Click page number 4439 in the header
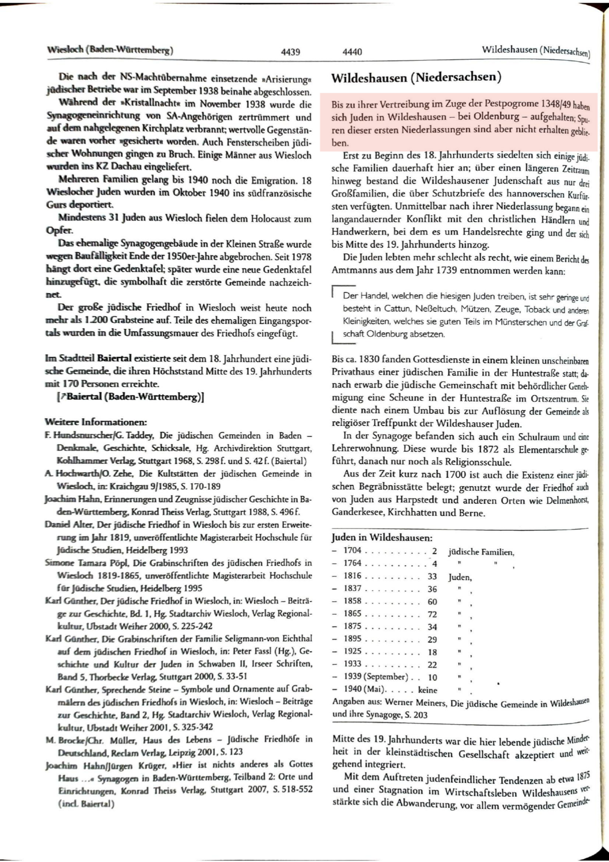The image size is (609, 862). point(291,52)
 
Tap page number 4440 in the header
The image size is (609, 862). point(352,52)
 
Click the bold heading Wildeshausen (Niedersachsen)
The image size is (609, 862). point(416,78)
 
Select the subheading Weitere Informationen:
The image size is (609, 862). point(96,422)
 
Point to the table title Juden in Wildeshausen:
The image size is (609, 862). point(382,537)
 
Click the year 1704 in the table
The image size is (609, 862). point(352,551)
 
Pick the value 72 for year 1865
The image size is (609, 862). point(432,614)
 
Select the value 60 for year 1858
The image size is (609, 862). point(432,601)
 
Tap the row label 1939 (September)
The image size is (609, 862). point(375,677)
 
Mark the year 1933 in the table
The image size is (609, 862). point(352,664)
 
